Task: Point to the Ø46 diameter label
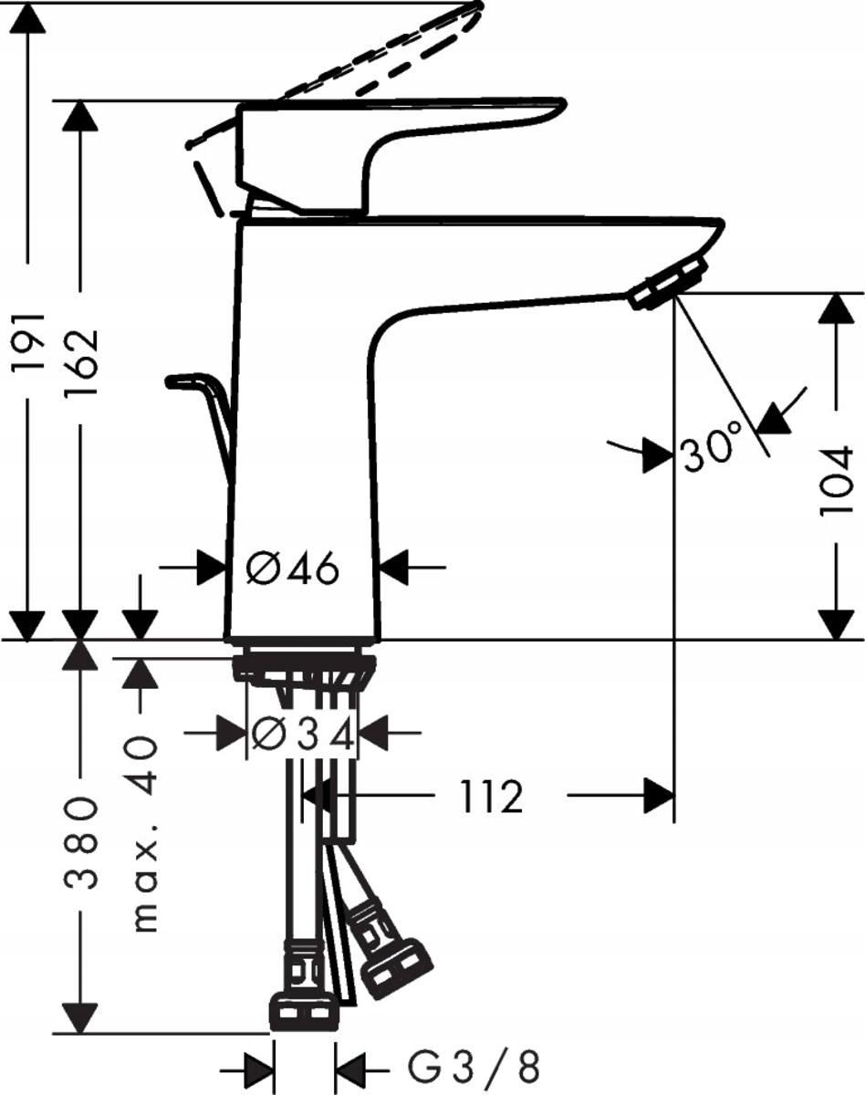coord(293,569)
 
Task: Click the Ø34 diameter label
coord(302,733)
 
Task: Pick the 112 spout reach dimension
coord(492,798)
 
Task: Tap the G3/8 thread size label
coord(473,1065)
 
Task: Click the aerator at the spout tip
coord(667,283)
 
